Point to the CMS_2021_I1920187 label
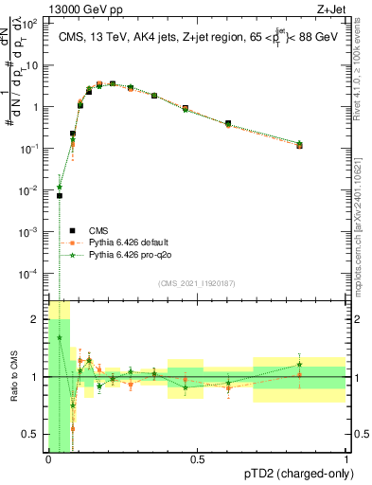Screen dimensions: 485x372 197,283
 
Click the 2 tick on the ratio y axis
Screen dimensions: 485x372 37,320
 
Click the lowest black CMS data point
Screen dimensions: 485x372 59,196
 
